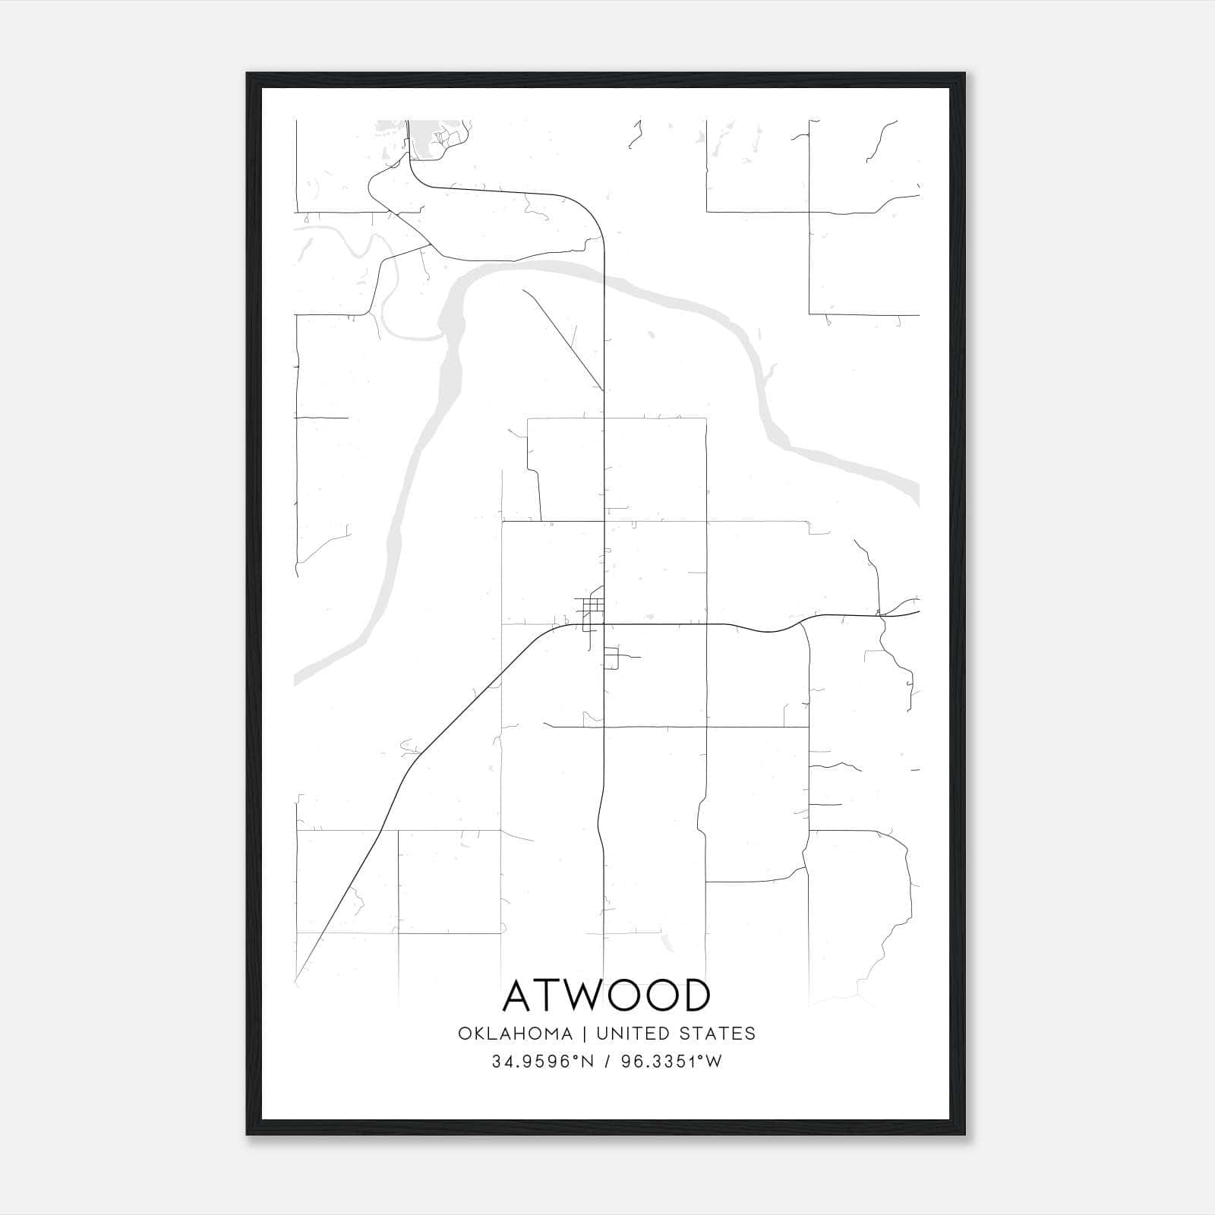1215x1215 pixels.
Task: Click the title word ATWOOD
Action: click(x=606, y=996)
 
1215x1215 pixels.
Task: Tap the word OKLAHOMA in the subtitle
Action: click(x=515, y=1034)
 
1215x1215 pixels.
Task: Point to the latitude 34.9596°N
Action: click(x=541, y=1062)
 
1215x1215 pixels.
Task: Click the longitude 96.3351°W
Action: click(x=671, y=1062)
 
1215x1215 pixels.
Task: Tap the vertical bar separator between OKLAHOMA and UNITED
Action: click(x=585, y=1034)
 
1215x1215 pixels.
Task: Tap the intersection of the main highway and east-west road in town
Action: click(x=604, y=624)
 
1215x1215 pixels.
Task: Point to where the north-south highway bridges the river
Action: click(x=604, y=277)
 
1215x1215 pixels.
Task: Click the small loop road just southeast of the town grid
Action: click(x=612, y=658)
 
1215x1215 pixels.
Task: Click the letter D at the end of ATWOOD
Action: click(x=695, y=996)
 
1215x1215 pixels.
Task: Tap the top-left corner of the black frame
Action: click(x=248, y=74)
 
